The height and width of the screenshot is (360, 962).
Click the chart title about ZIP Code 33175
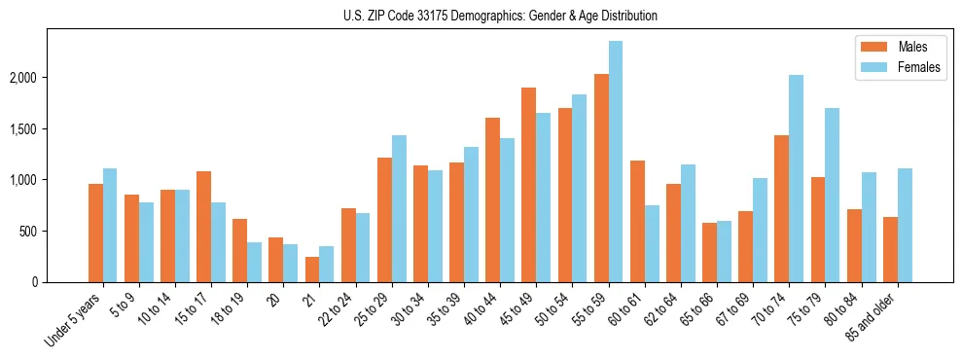pos(500,16)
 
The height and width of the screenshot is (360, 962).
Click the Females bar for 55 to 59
pos(616,162)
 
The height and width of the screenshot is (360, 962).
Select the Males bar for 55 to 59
pos(601,178)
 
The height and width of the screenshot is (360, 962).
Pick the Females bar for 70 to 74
pos(796,179)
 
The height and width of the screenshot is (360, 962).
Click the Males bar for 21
pos(312,270)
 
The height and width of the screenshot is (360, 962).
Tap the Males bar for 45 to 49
pos(529,185)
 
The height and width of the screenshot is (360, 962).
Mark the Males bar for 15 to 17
pos(204,227)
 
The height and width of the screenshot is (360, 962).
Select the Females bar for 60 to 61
pos(652,244)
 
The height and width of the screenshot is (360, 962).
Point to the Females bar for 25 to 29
pos(399,209)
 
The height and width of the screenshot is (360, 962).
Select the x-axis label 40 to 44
pos(484,309)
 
